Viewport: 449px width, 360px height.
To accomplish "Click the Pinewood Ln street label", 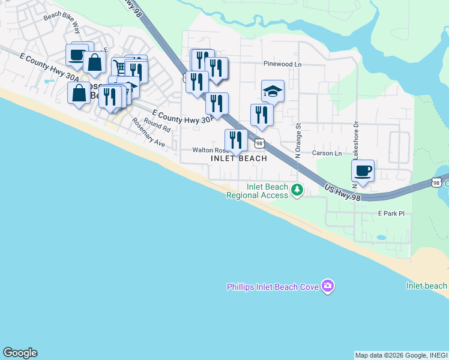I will tap(282, 63).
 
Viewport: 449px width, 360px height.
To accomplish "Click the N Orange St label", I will tap(298, 140).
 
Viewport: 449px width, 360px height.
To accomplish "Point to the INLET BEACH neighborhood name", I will tap(239, 158).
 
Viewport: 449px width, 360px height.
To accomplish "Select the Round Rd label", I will tap(157, 125).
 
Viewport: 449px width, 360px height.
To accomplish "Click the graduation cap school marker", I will tap(273, 91).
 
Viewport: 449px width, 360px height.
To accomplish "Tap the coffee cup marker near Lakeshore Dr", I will tap(363, 171).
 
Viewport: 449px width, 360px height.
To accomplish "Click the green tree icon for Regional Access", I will tap(297, 190).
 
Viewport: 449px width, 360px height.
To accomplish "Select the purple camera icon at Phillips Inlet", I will tap(327, 286).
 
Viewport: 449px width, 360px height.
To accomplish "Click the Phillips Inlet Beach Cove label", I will tap(272, 287).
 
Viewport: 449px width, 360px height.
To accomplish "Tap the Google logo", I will tap(20, 353).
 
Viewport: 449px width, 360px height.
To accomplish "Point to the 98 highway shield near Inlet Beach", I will tap(259, 143).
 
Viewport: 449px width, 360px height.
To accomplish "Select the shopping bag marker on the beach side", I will tap(79, 94).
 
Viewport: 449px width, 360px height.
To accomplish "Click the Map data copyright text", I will tap(401, 355).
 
